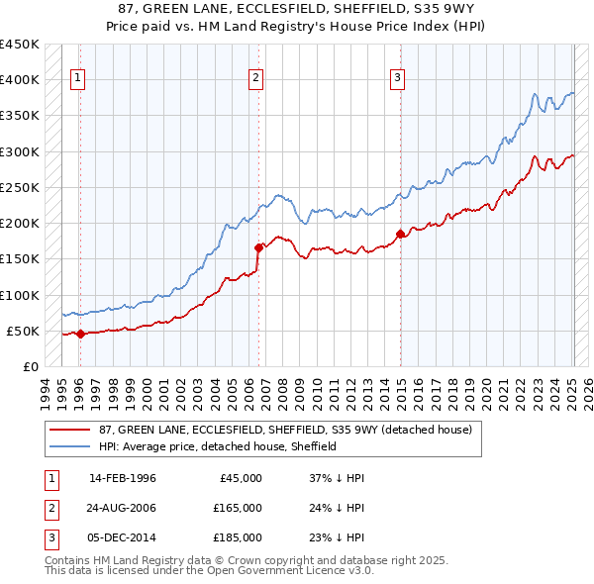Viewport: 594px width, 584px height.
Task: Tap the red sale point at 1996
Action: click(80, 334)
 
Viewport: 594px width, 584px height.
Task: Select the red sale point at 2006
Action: click(258, 247)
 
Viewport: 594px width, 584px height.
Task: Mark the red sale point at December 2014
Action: click(400, 234)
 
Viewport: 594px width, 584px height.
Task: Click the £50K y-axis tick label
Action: click(23, 331)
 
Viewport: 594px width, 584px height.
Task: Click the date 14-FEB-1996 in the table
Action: click(123, 478)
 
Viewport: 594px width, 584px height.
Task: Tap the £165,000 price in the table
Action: click(238, 508)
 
